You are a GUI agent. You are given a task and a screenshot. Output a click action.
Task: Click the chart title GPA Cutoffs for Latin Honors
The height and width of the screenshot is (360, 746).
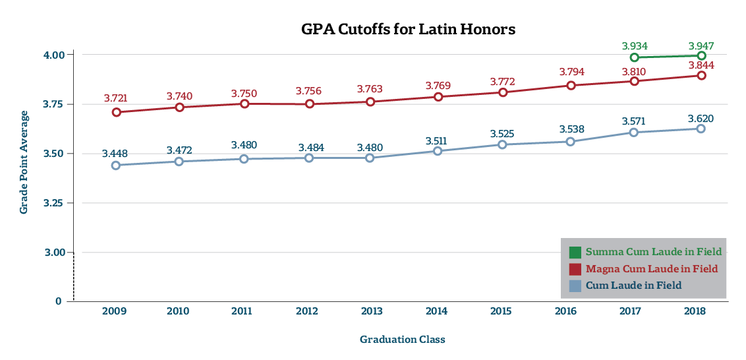point(408,30)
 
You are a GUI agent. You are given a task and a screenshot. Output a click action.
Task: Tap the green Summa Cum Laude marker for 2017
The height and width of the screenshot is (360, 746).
point(634,57)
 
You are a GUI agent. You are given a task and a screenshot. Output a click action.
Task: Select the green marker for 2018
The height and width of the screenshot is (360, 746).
point(701,56)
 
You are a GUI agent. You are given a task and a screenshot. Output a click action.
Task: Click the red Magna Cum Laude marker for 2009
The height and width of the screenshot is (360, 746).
point(116,112)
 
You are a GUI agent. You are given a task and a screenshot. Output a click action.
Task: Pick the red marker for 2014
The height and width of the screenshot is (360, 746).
point(438,97)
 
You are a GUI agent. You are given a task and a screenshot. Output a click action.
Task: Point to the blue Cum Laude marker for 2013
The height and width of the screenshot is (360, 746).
point(370,158)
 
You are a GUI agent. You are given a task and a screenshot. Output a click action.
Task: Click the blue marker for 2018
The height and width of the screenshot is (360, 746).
point(701,129)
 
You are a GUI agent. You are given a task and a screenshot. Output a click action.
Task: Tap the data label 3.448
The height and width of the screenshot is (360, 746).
point(115,154)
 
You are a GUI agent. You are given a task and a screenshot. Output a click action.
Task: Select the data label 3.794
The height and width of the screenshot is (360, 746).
point(571,71)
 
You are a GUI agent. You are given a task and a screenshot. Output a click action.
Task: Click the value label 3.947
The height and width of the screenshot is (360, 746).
point(701,46)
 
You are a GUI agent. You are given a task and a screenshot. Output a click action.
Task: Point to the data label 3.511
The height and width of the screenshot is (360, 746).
point(438,140)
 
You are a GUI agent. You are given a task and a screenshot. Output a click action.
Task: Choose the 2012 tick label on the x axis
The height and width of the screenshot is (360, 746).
point(307,311)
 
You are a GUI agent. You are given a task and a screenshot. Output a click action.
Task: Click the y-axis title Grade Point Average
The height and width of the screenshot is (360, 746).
point(24,162)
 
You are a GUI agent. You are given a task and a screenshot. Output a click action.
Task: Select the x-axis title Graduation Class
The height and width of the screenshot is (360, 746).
point(402,340)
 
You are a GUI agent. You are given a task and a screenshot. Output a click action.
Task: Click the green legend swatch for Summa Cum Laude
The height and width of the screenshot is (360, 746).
point(575,252)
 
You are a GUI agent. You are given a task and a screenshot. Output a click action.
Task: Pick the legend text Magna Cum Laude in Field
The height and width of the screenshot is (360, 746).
point(652,269)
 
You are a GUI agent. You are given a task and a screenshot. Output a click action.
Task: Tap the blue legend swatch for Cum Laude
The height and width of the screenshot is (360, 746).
point(575,285)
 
